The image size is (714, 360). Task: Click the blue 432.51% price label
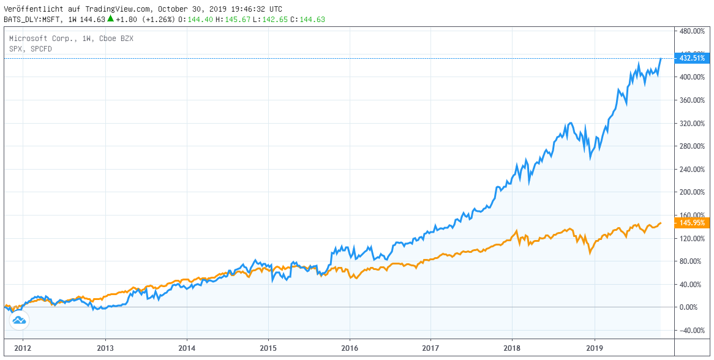click(690, 58)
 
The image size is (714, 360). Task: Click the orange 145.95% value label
click(690, 223)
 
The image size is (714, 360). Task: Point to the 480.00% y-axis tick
click(691, 31)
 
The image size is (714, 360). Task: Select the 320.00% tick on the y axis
click(691, 123)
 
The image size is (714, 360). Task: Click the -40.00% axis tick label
click(691, 331)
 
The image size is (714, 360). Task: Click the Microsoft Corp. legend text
click(43, 39)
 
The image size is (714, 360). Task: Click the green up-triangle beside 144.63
click(110, 18)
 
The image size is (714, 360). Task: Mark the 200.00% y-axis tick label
click(691, 192)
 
